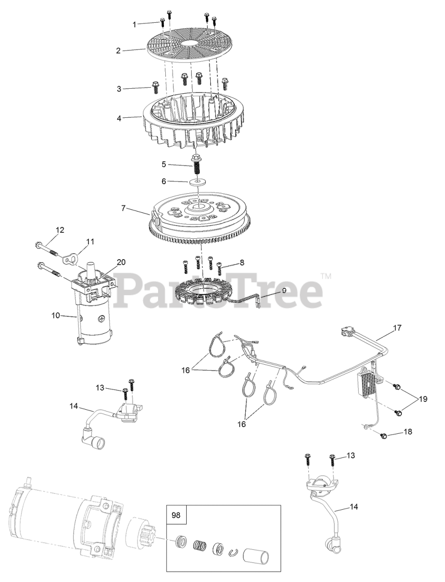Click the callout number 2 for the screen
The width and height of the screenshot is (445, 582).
[x=118, y=50]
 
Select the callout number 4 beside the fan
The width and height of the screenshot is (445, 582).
[x=119, y=118]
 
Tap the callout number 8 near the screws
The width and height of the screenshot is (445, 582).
[x=242, y=262]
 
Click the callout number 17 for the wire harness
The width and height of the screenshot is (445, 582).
[x=397, y=328]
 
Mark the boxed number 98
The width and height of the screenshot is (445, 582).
[x=176, y=515]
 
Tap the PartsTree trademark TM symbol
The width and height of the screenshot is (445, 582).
[x=326, y=276]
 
